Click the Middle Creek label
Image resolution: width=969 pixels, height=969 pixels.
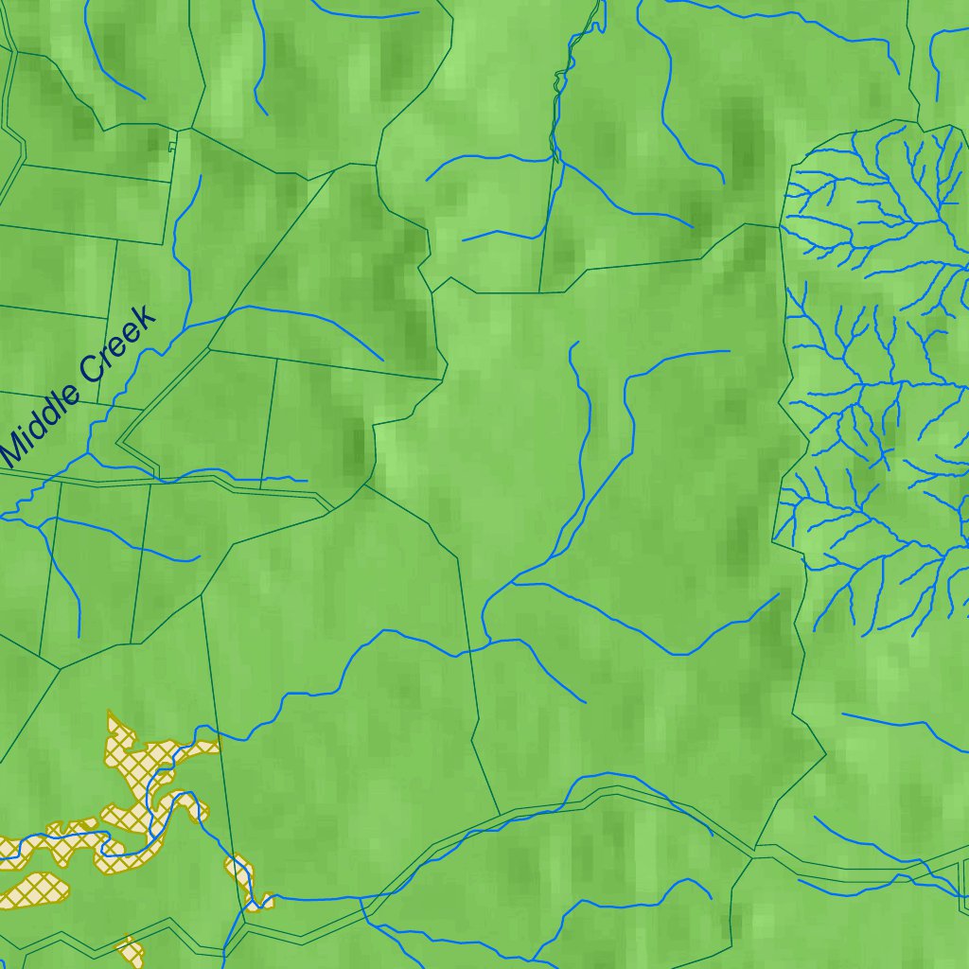(x=78, y=386)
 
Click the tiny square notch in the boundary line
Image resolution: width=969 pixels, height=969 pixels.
(x=171, y=147)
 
